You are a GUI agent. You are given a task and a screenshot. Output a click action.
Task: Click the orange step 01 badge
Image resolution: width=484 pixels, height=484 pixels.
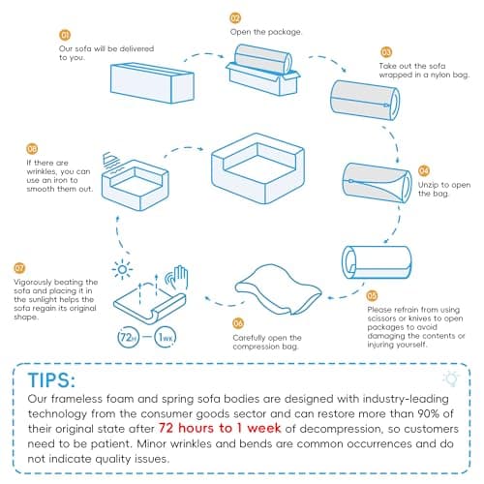click(x=65, y=35)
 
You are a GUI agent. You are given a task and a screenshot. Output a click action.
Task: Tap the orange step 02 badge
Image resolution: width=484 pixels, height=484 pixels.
click(x=235, y=18)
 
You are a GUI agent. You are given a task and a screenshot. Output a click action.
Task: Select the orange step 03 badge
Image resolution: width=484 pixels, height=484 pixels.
click(x=386, y=52)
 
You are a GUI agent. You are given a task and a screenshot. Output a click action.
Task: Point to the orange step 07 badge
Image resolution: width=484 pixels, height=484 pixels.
click(x=19, y=268)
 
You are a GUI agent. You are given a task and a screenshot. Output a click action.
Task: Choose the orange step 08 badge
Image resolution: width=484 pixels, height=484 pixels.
click(x=32, y=149)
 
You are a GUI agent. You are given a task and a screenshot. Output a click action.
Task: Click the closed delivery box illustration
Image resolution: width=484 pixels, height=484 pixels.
click(x=152, y=82)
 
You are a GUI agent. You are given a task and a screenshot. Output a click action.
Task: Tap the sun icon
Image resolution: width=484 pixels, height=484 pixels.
click(x=122, y=269)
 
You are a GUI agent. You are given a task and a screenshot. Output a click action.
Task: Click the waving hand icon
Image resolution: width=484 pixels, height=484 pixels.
click(x=176, y=277)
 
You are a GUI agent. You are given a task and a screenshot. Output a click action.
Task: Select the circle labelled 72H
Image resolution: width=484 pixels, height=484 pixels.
click(x=128, y=338)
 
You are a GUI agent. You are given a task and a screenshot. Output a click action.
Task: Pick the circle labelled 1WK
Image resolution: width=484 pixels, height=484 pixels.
click(x=166, y=338)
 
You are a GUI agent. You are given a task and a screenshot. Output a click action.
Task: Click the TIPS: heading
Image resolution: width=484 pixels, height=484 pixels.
click(x=51, y=379)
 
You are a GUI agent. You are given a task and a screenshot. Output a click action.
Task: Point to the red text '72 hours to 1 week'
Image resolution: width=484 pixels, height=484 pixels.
click(x=220, y=428)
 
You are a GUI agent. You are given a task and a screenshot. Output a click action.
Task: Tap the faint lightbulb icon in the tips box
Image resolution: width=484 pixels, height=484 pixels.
click(x=451, y=378)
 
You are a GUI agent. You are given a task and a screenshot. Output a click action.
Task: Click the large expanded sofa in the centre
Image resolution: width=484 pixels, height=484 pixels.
click(x=258, y=167)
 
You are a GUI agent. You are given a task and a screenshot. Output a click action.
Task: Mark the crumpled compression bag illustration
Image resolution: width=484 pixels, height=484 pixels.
click(x=278, y=289)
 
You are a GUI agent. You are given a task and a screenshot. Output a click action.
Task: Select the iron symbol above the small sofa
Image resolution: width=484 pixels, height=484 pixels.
click(x=112, y=163)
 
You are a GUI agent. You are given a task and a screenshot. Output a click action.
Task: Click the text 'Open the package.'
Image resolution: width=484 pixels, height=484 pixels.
click(x=266, y=32)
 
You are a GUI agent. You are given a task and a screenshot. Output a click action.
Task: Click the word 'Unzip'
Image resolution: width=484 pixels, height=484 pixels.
click(x=428, y=185)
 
